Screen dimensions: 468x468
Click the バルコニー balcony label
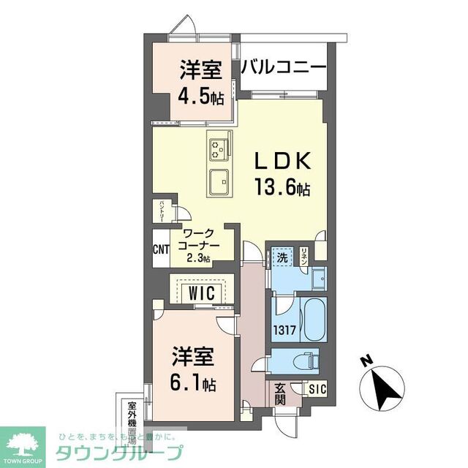(283, 68)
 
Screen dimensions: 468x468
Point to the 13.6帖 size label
(282, 188)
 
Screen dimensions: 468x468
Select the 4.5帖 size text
(200, 96)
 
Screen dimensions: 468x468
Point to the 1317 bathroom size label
(284, 330)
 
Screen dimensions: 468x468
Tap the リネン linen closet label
(305, 255)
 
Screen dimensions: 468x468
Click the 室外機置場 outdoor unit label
(132, 421)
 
